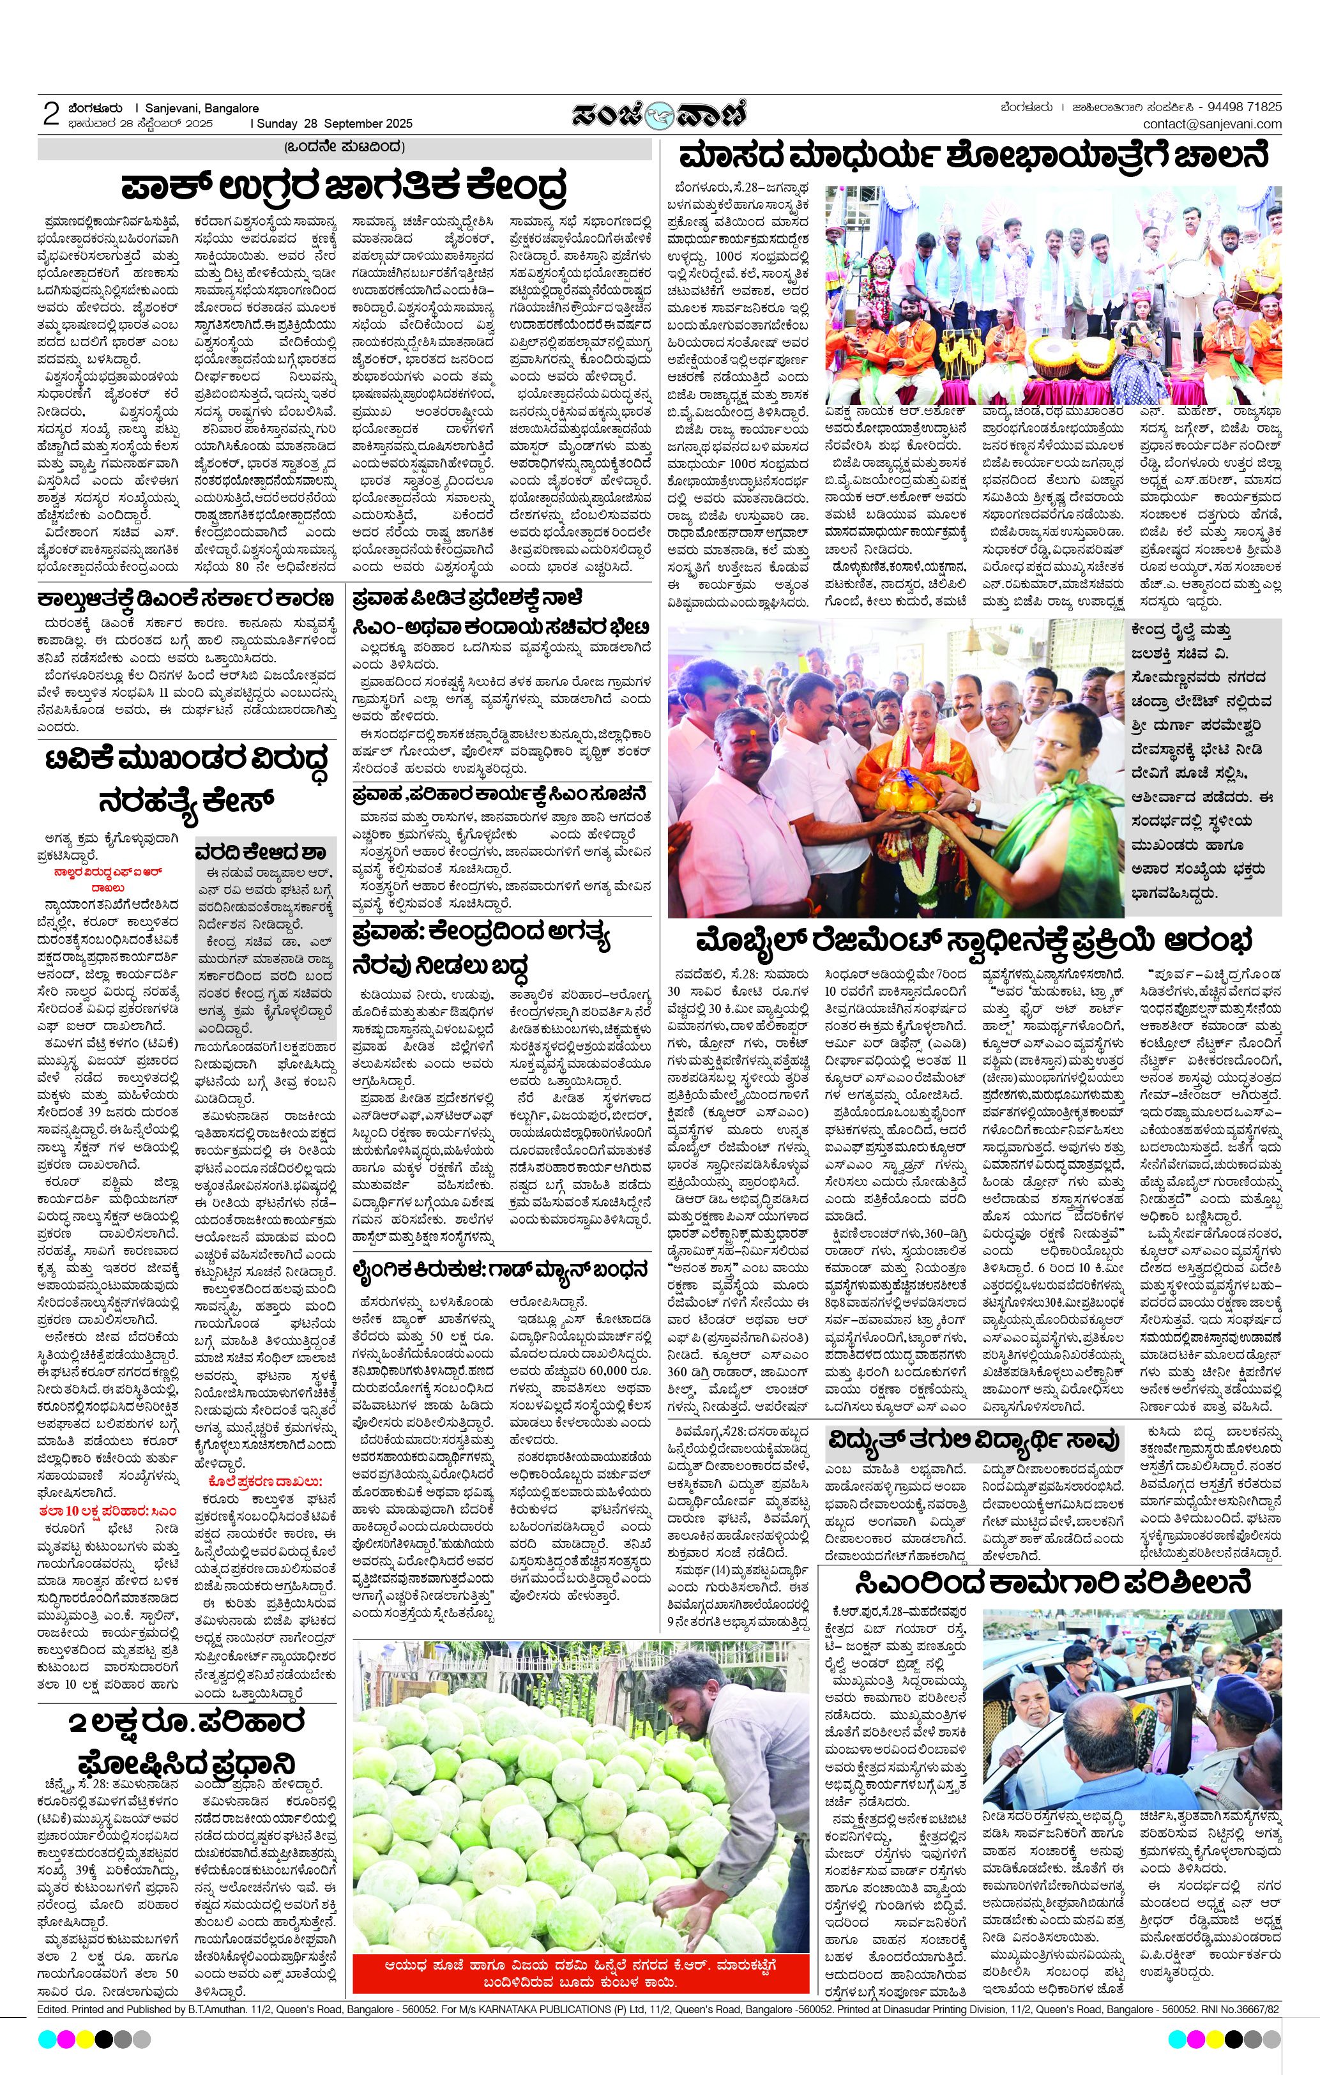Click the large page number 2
pos(51,114)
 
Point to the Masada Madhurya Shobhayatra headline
pos(974,158)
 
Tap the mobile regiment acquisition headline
pos(974,940)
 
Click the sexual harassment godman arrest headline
pos(500,1271)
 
